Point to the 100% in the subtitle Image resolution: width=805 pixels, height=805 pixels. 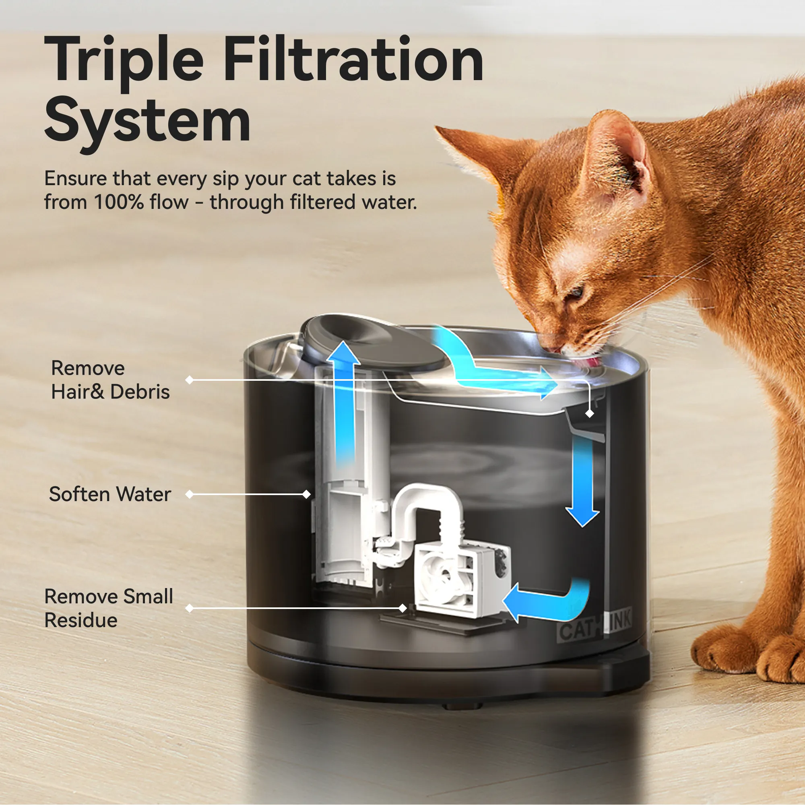pos(119,202)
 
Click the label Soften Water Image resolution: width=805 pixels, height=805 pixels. pos(110,494)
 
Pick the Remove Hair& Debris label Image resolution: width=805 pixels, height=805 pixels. pos(110,380)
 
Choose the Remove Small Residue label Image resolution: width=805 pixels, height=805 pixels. pos(108,608)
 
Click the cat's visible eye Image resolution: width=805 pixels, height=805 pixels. pos(577,291)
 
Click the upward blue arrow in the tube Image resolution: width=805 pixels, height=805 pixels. pos(344,400)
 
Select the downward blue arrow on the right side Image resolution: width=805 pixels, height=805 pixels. pos(582,483)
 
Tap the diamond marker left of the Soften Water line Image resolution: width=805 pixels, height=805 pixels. pos(190,494)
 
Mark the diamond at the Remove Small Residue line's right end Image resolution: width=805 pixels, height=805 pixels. pos(402,608)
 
